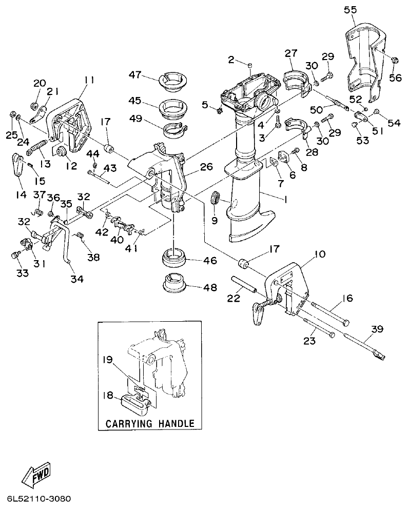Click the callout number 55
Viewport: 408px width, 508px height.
(350, 10)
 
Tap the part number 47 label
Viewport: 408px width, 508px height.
(135, 75)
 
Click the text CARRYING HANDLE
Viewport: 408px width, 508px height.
(149, 423)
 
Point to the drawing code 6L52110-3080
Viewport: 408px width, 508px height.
(39, 499)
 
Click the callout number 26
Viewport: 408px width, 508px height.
(192, 167)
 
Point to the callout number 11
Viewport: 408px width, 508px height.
(89, 80)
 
